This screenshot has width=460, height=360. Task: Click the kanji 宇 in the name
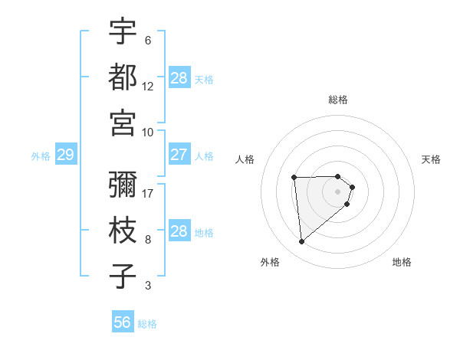[123, 31]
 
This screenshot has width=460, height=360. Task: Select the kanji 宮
[123, 123]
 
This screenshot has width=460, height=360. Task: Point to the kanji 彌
[123, 184]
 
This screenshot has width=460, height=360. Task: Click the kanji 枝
[123, 231]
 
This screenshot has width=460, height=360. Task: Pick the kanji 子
[123, 277]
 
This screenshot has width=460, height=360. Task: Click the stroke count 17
[148, 193]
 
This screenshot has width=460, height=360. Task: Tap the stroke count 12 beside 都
[148, 87]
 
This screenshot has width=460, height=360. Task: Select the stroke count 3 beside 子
[147, 286]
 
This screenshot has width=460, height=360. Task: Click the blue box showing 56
[123, 322]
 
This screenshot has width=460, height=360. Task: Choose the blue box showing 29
[65, 155]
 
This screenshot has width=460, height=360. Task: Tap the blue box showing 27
[179, 155]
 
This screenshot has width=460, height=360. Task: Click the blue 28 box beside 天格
[179, 78]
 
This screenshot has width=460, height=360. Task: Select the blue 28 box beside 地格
[179, 231]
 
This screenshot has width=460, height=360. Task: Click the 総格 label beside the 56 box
[147, 324]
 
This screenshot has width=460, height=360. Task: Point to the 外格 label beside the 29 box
[41, 156]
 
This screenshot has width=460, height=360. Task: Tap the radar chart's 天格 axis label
[431, 159]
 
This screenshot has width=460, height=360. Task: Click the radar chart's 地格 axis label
[402, 262]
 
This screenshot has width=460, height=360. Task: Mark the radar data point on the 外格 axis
[302, 242]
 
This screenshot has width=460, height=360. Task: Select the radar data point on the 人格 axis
[294, 178]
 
